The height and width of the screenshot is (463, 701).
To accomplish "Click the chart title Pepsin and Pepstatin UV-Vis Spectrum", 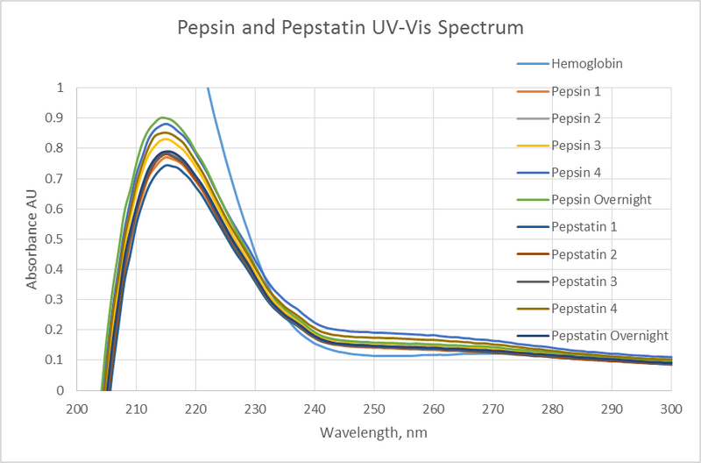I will [350, 27].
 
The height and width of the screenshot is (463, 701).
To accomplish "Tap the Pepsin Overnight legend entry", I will [601, 199].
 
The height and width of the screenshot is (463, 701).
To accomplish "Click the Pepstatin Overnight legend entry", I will [609, 335].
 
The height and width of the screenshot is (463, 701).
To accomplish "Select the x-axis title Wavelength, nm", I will [373, 433].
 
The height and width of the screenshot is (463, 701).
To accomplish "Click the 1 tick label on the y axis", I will [60, 88].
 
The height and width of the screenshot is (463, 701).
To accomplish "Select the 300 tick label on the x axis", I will [670, 409].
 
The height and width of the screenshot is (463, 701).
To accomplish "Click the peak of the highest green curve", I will [162, 118].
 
